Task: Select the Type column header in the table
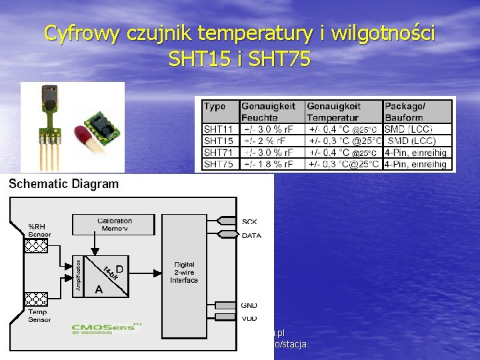click(215, 106)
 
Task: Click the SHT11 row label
click(219, 129)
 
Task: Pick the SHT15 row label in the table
click(219, 141)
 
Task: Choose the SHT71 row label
click(219, 153)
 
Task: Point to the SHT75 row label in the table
click(219, 164)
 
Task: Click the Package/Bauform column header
click(405, 111)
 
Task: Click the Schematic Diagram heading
click(64, 184)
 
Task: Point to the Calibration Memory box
click(115, 225)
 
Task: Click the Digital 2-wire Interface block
click(184, 273)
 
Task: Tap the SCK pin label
click(249, 221)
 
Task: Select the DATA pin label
click(251, 235)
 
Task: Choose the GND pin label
click(249, 305)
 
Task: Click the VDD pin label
click(249, 318)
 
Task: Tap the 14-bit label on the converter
click(110, 272)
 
